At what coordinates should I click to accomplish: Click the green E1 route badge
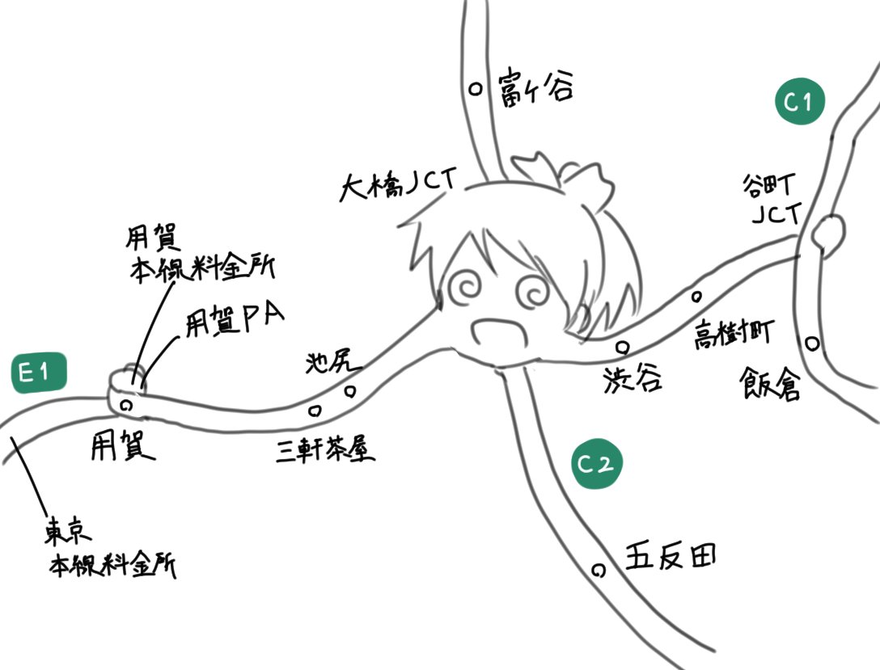(x=39, y=373)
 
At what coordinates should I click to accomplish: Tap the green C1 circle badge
(x=799, y=101)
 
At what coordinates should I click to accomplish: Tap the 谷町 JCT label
(x=772, y=200)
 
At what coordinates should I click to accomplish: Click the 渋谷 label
(x=632, y=378)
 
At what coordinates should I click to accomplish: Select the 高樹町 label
(x=734, y=334)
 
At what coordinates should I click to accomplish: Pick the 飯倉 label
(x=770, y=384)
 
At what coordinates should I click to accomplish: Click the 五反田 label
(x=671, y=557)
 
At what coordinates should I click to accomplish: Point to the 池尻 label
(x=330, y=364)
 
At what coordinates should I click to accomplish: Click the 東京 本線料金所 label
(x=109, y=550)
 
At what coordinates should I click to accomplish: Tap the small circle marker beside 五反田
(x=599, y=571)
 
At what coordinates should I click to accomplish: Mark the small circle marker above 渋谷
(x=622, y=348)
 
